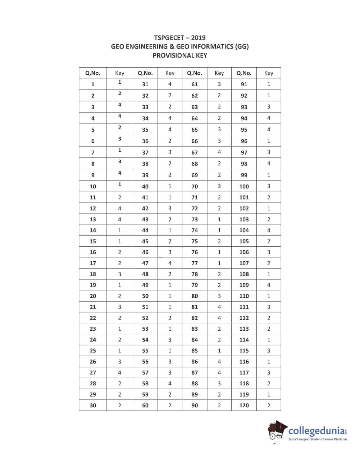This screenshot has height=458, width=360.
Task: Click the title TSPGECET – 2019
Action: [180, 38]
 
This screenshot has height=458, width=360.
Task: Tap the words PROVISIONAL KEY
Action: [180, 55]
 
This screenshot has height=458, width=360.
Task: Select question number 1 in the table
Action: [93, 84]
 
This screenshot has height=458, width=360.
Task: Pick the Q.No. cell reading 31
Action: [145, 84]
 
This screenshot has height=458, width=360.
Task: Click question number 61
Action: [195, 84]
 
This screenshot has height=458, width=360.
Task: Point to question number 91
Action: [244, 84]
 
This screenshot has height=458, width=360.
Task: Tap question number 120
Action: [244, 406]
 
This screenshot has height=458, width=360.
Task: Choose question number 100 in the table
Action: [244, 187]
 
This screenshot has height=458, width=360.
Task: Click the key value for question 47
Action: [170, 263]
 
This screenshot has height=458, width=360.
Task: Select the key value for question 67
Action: [219, 152]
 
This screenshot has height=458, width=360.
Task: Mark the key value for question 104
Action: [269, 230]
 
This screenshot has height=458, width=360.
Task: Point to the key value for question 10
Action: [120, 184]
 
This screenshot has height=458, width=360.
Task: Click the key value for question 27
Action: [120, 373]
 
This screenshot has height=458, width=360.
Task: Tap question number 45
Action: [145, 242]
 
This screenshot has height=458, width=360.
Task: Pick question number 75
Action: [195, 242]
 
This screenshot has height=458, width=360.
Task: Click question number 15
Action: [93, 242]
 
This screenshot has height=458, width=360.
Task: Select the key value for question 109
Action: [269, 285]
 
